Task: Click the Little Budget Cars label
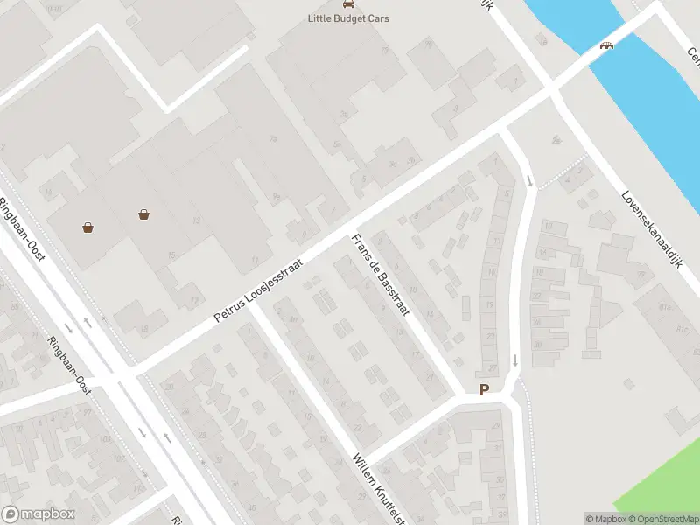tap(348, 18)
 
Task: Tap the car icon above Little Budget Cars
tap(348, 3)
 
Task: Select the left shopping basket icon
tap(88, 227)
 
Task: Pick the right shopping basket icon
tap(143, 213)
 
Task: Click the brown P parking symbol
tap(483, 390)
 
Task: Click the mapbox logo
tap(38, 514)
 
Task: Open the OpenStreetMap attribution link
tap(662, 519)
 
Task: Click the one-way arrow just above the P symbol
tap(515, 360)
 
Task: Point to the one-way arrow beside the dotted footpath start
tap(530, 180)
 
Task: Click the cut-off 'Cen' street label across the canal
tap(692, 58)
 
